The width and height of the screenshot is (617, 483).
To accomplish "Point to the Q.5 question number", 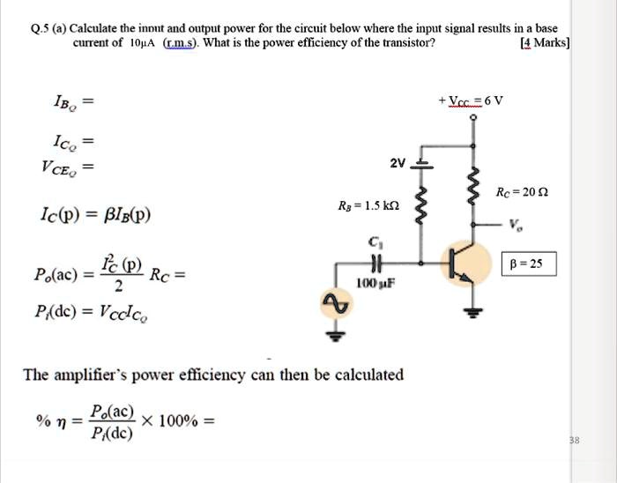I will (41, 27).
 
